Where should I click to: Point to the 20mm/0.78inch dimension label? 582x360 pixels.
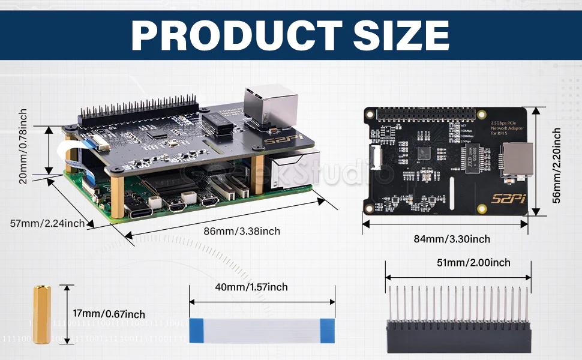(x=23, y=146)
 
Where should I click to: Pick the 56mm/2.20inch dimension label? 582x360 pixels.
(x=557, y=166)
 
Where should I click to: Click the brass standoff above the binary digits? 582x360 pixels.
(x=41, y=314)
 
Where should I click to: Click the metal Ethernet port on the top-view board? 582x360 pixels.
(x=520, y=160)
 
